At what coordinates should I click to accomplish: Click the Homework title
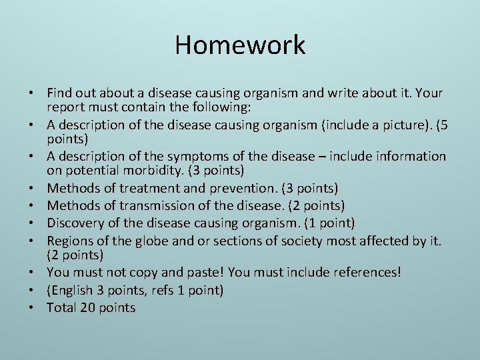[240, 45]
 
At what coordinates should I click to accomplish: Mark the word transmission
[156, 205]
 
